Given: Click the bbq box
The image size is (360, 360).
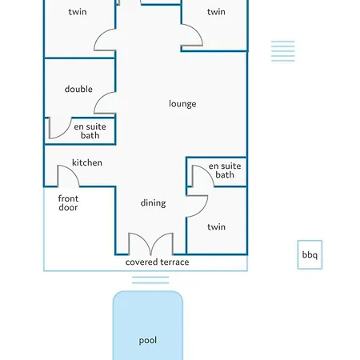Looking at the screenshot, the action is click(310, 254).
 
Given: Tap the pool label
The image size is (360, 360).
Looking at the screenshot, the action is click(148, 341).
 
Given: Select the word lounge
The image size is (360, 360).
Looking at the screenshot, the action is click(182, 104).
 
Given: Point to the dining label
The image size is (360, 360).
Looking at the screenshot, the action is click(154, 203).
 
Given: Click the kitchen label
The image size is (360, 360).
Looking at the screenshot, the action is click(87, 162).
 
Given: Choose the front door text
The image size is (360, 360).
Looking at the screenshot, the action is click(68, 203).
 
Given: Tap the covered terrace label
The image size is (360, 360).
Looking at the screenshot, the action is click(158, 262).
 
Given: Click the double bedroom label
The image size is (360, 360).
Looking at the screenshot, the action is click(78, 89).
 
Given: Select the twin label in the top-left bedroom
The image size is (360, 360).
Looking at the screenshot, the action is click(78, 12).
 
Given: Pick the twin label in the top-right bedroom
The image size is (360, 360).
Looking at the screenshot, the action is click(216, 12).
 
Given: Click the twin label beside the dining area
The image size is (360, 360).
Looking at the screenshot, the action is click(216, 227).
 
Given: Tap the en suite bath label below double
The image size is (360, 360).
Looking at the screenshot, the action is click(90, 131).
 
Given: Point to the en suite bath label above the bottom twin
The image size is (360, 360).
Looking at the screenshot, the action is click(225, 170).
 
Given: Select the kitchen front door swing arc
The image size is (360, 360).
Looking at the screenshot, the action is click(73, 170).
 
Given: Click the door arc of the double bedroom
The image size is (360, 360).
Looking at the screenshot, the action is click(99, 98).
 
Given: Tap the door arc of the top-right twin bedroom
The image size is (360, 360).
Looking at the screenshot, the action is click(197, 30).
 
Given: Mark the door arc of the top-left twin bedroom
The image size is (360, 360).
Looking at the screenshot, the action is click(99, 36).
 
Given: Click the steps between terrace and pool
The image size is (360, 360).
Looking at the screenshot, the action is click(150, 280).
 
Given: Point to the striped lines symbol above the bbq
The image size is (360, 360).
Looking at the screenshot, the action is click(283, 51).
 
